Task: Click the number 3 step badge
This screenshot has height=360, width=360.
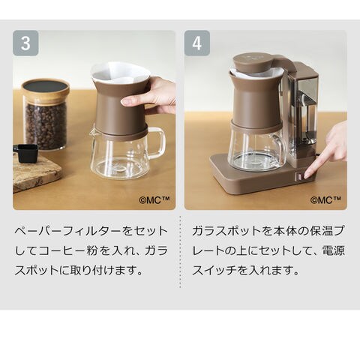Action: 25,43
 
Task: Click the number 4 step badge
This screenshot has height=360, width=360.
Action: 197,43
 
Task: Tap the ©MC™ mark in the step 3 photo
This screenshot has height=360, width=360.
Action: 154,200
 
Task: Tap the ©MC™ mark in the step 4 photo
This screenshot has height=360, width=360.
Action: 325,200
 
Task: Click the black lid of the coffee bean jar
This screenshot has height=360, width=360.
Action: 45,86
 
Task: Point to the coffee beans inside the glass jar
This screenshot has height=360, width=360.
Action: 46,125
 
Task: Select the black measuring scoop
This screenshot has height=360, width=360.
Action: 25,152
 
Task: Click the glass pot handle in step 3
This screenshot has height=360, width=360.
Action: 157,142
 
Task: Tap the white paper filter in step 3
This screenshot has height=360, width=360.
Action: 121,73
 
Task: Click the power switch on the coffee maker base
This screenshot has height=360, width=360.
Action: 298,177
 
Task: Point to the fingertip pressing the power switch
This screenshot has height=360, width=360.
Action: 307,174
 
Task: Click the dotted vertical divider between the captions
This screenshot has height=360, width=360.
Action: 180,252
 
